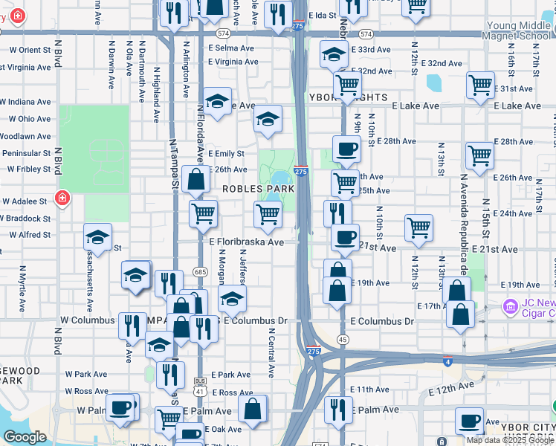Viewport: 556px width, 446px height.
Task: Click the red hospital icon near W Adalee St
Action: coord(62,198)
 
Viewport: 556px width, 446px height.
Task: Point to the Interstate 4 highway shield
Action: coord(447,362)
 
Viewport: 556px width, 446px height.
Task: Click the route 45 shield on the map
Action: coord(343,339)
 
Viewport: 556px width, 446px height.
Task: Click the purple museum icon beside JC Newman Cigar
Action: coord(509,306)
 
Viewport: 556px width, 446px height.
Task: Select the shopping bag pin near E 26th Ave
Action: coord(195,179)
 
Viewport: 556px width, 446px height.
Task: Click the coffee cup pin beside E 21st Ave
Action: coord(344,238)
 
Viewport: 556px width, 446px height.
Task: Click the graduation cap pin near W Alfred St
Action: coord(97,237)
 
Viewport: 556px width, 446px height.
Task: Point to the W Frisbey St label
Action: coord(27,169)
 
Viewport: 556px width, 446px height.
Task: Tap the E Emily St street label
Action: coord(227,154)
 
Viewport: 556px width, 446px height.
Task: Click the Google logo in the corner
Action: coord(25,437)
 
